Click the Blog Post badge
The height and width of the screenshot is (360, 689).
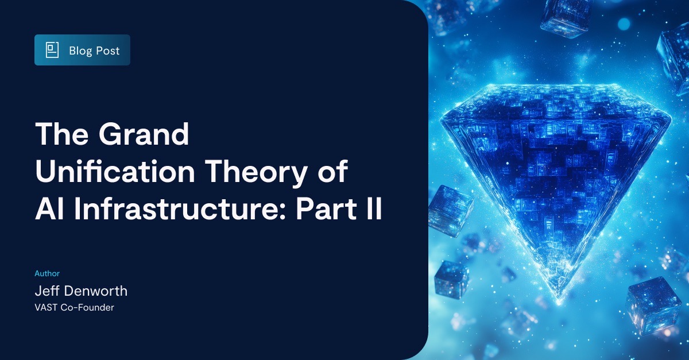(82, 50)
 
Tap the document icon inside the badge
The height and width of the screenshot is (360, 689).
(52, 50)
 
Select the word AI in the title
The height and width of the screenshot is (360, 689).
(46, 210)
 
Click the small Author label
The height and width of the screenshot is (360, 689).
(47, 273)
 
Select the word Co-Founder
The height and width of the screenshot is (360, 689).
(87, 308)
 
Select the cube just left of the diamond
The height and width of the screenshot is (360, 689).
(450, 210)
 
